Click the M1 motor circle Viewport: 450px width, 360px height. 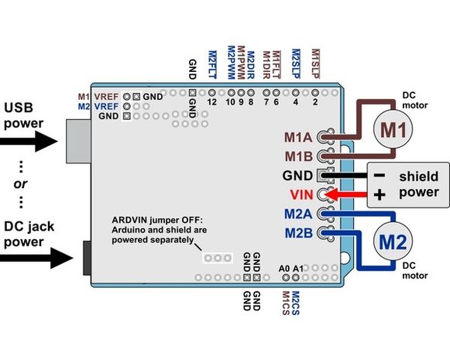point(393,129)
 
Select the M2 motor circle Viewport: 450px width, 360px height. point(393,241)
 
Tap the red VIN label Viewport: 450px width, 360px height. point(301,195)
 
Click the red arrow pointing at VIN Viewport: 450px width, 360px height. point(345,195)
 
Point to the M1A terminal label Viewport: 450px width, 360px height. point(298,137)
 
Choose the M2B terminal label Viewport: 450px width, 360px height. point(299,233)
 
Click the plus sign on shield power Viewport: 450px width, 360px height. point(380,195)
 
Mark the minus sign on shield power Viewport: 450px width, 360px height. point(380,175)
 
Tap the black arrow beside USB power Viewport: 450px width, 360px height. point(29,141)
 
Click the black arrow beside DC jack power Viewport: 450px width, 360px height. point(36,258)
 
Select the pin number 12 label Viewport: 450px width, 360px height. point(211,102)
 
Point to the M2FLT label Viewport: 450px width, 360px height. point(212,64)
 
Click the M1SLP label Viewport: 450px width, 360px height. point(315,63)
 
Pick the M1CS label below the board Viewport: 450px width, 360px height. point(286,303)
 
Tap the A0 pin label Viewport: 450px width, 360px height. point(284,269)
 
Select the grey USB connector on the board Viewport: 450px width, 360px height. point(79,142)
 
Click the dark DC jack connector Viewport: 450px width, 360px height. point(88,258)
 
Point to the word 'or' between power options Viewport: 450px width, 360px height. point(20,184)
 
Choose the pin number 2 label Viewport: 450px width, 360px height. point(315,102)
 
